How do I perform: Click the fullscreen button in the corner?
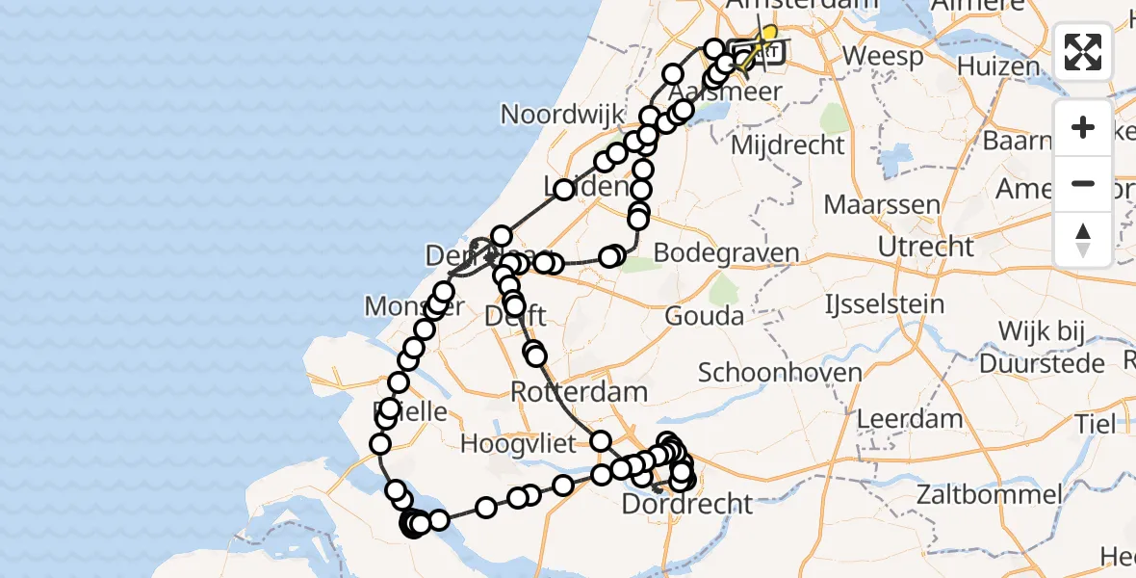click(1083, 52)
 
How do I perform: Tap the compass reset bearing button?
click(1083, 238)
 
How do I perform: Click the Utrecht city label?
click(926, 247)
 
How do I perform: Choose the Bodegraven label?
click(727, 254)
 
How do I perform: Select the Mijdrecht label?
click(787, 145)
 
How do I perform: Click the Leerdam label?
click(909, 419)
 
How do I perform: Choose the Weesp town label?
click(882, 57)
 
